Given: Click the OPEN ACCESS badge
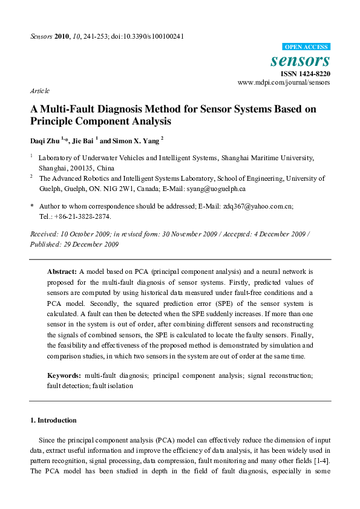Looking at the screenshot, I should click(x=306, y=47).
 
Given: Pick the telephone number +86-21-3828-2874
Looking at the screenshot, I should click(x=83, y=216).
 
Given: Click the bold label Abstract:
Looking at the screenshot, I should click(x=62, y=272).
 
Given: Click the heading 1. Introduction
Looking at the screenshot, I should click(x=53, y=420).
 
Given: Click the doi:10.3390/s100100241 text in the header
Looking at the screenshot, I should click(x=147, y=36).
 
